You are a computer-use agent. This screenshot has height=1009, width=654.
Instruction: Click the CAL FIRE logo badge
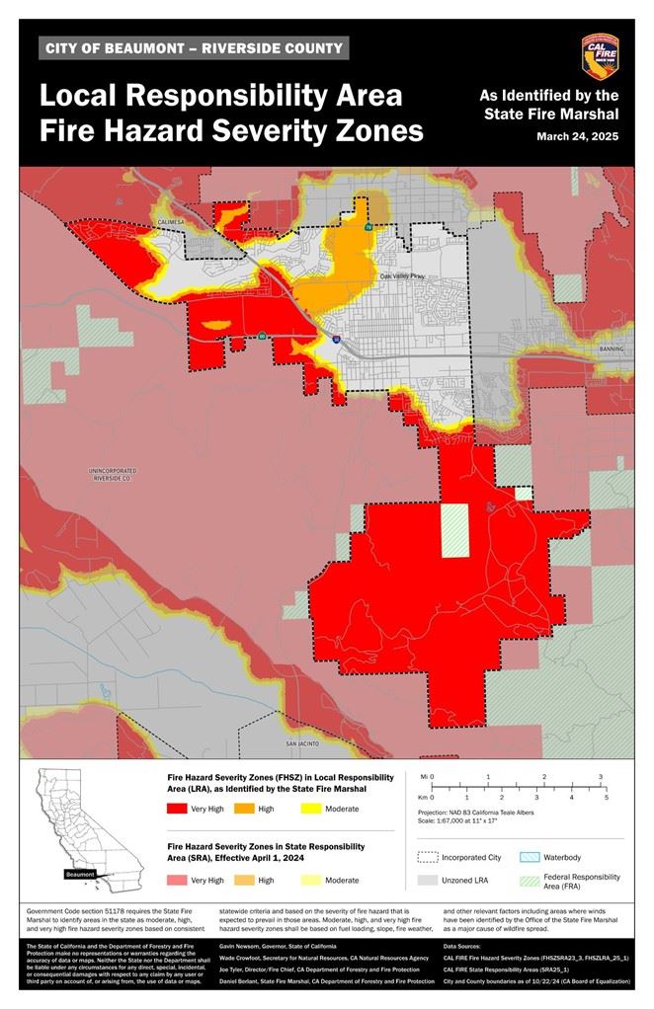click(x=600, y=57)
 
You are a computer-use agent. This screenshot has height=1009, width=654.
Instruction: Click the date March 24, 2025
click(x=578, y=136)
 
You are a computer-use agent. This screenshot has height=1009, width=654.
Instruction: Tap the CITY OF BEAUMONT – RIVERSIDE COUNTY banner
click(x=195, y=48)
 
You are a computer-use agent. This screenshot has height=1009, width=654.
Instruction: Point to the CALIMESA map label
click(x=170, y=222)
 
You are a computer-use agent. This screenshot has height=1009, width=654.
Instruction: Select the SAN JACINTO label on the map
click(x=304, y=742)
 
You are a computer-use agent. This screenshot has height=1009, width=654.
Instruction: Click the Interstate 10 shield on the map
click(x=336, y=339)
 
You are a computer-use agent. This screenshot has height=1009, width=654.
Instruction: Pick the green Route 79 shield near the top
click(x=368, y=227)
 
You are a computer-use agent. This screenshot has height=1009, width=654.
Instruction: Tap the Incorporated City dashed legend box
click(x=427, y=857)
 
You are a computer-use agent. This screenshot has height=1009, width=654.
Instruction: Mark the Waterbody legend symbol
click(x=529, y=857)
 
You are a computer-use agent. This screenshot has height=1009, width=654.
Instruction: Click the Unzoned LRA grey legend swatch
click(x=427, y=880)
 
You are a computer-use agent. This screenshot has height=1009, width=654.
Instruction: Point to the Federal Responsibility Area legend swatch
click(x=529, y=880)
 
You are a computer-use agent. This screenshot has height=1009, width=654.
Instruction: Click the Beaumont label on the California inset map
click(x=80, y=874)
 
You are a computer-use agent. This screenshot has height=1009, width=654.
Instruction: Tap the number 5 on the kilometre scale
click(x=606, y=796)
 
